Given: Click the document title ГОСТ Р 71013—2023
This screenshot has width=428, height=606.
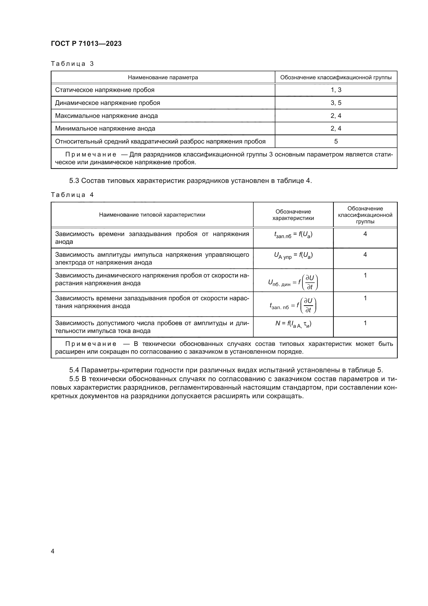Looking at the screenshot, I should click(x=86, y=44).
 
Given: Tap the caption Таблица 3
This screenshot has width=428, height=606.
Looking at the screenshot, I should click(x=72, y=64).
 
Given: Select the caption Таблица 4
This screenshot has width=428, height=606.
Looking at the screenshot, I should click(x=72, y=195).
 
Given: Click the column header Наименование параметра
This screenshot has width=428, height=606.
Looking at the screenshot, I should click(x=163, y=77).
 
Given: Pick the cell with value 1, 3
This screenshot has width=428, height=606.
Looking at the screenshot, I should click(x=336, y=90).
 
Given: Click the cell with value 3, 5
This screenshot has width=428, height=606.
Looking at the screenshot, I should click(x=336, y=103).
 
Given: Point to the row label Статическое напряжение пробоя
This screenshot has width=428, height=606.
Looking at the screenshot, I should click(x=105, y=90).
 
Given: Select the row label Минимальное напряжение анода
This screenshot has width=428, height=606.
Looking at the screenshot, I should click(x=105, y=129).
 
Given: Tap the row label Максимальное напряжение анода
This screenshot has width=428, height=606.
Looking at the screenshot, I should click(x=106, y=116).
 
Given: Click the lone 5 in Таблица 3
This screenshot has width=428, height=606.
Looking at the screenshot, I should click(x=336, y=141).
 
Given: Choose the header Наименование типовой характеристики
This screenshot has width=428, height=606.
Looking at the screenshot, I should click(x=152, y=215).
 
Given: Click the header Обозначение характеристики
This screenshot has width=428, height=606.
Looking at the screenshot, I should click(x=293, y=215).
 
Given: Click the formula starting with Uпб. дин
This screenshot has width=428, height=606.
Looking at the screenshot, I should click(x=293, y=282).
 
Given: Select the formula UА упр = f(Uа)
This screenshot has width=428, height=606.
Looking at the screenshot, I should click(x=293, y=255).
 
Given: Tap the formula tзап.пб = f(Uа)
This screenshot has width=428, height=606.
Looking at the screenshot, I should click(x=293, y=235).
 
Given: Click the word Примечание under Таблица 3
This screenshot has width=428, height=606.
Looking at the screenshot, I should click(x=91, y=155).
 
